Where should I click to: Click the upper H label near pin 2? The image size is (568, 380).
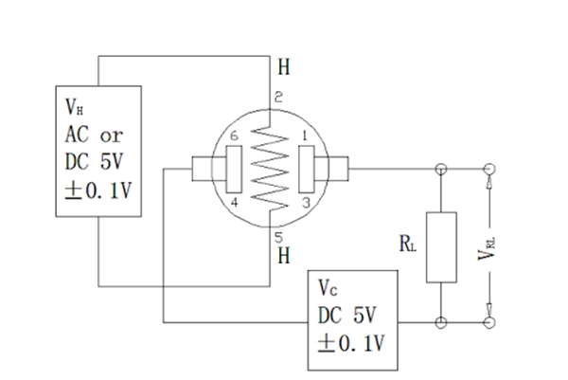pos(283,67)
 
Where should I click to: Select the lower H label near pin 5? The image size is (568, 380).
pos(283,255)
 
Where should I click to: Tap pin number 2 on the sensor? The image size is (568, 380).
pos(278,98)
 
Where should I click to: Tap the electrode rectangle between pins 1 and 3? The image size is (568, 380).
pos(306,169)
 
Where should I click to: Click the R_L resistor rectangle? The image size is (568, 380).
pos(439,246)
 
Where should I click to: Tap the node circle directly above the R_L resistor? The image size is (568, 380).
pos(439,170)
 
